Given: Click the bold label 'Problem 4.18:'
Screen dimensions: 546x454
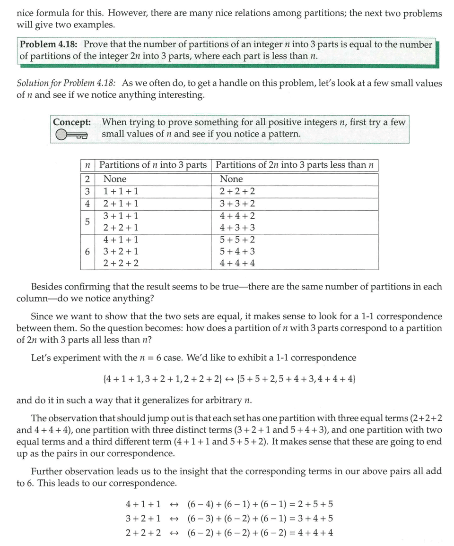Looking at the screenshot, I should pyautogui.click(x=50, y=45).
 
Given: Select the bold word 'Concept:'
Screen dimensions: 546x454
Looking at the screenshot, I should pyautogui.click(x=72, y=122).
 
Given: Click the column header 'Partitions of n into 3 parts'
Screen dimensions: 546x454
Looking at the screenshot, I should pyautogui.click(x=153, y=165).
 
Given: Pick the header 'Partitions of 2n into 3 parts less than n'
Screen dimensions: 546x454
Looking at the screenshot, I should pyautogui.click(x=294, y=165).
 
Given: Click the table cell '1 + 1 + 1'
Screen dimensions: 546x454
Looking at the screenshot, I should pyautogui.click(x=121, y=192).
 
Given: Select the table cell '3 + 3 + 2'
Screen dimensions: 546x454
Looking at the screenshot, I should pyautogui.click(x=237, y=204).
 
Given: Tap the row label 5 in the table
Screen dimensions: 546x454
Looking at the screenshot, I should pyautogui.click(x=87, y=222).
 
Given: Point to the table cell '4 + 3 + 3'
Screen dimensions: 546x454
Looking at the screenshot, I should pyautogui.click(x=237, y=228).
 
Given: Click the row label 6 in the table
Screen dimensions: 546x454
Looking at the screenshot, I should pyautogui.click(x=87, y=252).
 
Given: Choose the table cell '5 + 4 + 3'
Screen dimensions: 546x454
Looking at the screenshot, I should pyautogui.click(x=237, y=252).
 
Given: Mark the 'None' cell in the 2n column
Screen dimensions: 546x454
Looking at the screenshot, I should pyautogui.click(x=231, y=179).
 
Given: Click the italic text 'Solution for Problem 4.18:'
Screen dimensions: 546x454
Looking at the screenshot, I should pyautogui.click(x=66, y=84).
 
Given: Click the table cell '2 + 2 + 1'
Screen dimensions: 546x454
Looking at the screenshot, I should pyautogui.click(x=121, y=228).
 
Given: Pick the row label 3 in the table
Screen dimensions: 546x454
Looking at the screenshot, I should pyautogui.click(x=87, y=192).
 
